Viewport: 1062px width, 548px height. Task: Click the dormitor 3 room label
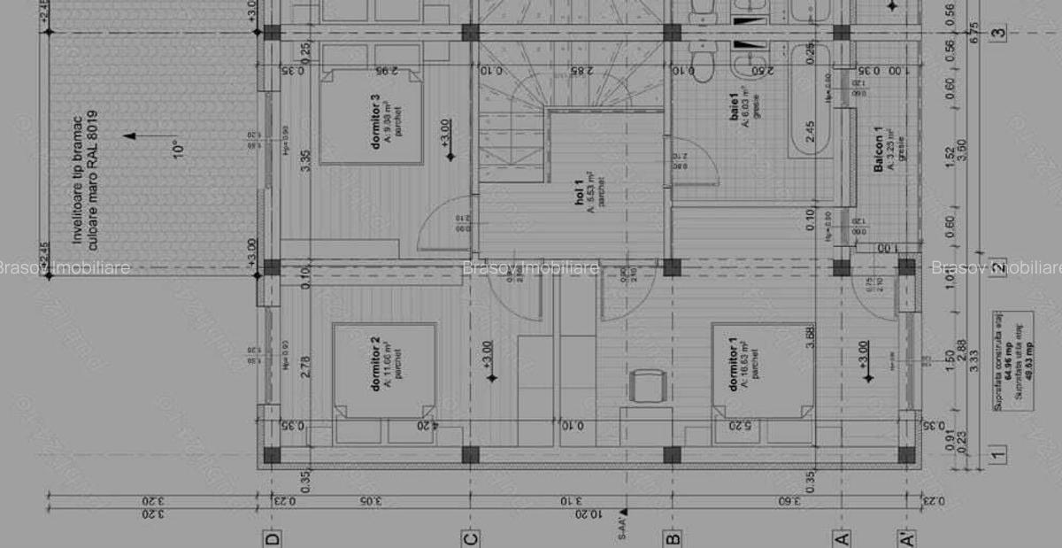(376, 120)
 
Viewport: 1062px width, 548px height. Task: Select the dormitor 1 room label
(733, 363)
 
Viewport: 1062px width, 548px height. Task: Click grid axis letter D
(273, 537)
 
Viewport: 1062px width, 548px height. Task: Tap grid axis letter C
(471, 537)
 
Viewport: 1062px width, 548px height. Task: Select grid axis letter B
(673, 537)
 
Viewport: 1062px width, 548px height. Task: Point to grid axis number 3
(998, 34)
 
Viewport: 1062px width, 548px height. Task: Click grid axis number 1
(998, 455)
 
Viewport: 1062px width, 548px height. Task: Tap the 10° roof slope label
(178, 148)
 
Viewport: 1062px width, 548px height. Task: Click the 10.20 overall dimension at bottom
(581, 513)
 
